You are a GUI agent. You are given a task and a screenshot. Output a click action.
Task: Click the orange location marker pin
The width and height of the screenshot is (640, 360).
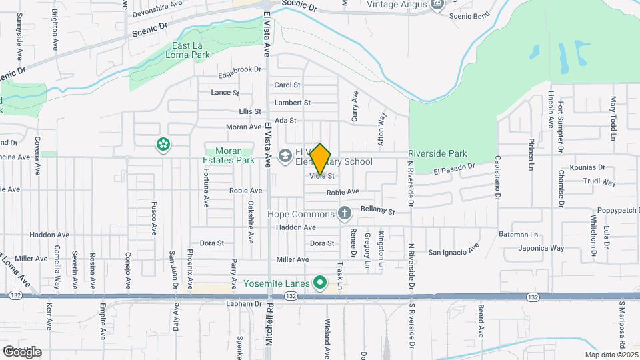click(321, 159)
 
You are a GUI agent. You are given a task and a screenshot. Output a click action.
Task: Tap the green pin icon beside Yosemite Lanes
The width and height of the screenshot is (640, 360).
click(320, 283)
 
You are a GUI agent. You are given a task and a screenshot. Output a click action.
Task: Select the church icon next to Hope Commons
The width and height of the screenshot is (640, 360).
click(344, 214)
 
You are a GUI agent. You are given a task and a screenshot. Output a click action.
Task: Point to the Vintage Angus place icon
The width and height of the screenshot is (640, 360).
click(437, 5)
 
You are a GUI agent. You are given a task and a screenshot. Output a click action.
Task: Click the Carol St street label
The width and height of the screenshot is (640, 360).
click(287, 85)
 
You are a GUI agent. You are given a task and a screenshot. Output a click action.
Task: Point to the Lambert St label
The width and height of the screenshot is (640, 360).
click(293, 103)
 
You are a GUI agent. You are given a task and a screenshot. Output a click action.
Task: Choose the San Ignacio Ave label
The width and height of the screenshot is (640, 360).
click(453, 251)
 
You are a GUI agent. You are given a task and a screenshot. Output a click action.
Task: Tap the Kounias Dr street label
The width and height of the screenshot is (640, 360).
click(587, 167)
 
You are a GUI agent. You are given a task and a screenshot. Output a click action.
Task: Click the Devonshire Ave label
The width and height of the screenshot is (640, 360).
click(157, 4)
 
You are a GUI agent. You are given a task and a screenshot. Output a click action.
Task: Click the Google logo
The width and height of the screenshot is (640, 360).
click(23, 351)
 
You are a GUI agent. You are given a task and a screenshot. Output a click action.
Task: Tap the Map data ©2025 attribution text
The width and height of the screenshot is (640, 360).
click(611, 355)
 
